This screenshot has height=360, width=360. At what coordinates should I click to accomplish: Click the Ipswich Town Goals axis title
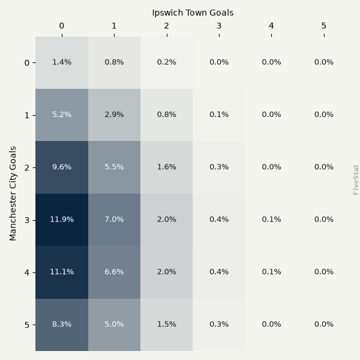click(193, 13)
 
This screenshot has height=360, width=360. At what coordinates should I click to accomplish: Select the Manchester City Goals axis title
click(13, 194)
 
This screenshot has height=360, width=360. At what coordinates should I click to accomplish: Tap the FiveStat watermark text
click(355, 180)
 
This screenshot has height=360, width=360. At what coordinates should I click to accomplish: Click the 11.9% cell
click(62, 220)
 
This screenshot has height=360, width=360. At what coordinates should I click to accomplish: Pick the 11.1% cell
click(62, 272)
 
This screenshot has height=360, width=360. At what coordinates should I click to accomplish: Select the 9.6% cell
click(62, 167)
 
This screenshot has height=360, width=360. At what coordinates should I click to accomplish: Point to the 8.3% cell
click(62, 325)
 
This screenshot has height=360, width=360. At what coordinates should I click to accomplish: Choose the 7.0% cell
click(115, 220)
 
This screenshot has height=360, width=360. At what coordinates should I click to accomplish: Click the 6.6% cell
click(115, 272)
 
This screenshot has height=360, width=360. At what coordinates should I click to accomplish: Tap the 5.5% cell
click(115, 167)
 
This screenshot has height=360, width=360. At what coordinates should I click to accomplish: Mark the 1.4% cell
click(62, 62)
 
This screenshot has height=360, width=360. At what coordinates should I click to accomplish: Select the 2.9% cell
click(115, 115)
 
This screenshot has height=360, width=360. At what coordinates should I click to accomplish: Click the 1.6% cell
click(167, 167)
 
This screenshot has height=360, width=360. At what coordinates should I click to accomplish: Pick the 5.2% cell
click(62, 115)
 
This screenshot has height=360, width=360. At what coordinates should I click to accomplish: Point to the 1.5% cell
click(167, 325)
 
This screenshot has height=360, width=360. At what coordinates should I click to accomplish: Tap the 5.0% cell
click(115, 325)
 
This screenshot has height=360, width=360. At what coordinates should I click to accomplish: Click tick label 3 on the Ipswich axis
click(219, 26)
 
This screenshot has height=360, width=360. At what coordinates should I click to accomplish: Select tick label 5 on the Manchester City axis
click(27, 325)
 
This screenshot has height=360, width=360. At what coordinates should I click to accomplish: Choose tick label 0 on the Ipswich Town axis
click(62, 26)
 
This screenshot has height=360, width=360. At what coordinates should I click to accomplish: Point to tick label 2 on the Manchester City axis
click(27, 168)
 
